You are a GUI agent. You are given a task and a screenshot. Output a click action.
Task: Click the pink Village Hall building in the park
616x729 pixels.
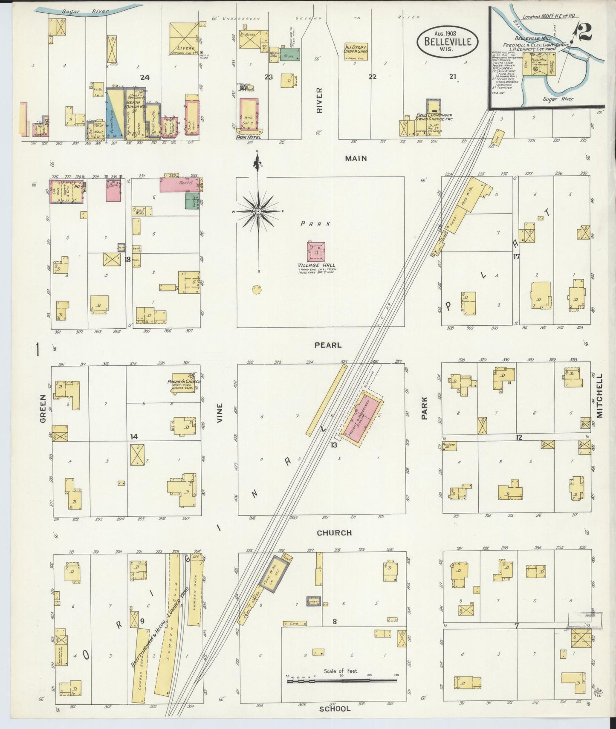click(316, 252)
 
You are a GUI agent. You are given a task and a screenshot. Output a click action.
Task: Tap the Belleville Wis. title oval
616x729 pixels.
click(447, 42)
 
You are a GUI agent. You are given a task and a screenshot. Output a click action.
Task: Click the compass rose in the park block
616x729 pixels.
click(258, 211)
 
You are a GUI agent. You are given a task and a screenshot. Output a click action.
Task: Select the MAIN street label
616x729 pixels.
click(356, 158)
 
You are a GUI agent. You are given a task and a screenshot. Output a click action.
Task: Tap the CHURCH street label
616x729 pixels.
click(334, 532)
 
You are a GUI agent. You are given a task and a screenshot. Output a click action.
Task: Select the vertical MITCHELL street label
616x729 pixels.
click(600, 396)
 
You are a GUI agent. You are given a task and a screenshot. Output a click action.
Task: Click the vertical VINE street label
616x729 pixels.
click(220, 413)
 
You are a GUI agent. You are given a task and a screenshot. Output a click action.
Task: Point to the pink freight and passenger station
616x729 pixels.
click(362, 420)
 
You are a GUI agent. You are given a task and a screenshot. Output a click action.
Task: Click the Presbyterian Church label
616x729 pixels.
click(184, 381)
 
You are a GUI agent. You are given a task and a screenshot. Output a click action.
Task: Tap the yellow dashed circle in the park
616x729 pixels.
click(256, 289)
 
